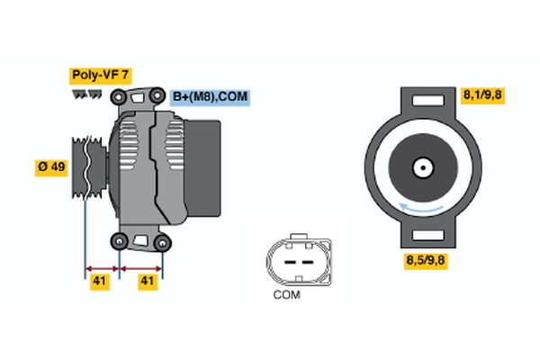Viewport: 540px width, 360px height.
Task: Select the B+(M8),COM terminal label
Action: tap(209, 97)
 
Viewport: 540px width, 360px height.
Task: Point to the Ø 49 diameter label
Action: tap(50, 167)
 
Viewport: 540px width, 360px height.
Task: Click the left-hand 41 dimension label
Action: tap(101, 282)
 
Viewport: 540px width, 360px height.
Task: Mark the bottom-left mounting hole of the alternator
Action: tap(119, 240)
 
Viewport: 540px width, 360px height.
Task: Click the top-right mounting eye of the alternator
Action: tap(157, 94)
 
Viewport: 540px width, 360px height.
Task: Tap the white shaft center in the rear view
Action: tap(422, 167)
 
